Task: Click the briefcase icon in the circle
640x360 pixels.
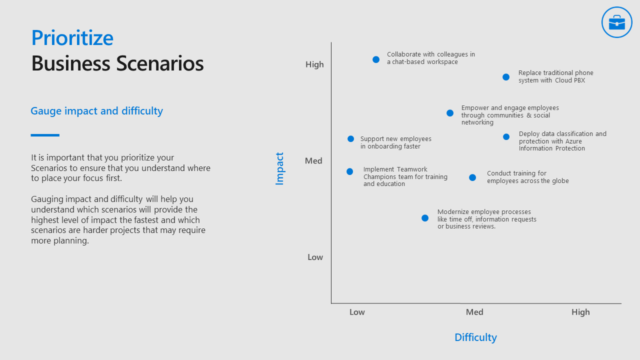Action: (617, 22)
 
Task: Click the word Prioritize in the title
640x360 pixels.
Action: (72, 38)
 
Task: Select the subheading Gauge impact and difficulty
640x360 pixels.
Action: (96, 111)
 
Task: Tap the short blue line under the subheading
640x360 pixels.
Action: (45, 135)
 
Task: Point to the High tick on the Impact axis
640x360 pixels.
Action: (314, 64)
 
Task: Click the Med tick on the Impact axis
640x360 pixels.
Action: (313, 161)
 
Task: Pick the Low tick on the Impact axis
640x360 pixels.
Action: (315, 257)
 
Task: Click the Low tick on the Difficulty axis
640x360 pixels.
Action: (357, 312)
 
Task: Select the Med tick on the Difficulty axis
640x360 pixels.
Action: (474, 312)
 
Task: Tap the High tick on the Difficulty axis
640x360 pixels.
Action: (580, 312)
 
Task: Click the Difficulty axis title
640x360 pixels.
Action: (475, 337)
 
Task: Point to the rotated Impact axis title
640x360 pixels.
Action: (280, 168)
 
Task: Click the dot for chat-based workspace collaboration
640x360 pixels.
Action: (376, 59)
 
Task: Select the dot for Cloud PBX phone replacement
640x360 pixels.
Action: (506, 77)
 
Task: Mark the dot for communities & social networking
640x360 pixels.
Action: (450, 113)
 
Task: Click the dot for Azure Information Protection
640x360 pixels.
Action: (506, 137)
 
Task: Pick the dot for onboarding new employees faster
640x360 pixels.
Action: (350, 139)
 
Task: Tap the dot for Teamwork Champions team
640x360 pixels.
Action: (349, 171)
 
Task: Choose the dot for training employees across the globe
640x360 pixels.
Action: (472, 177)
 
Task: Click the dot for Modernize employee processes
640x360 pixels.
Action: (425, 218)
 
